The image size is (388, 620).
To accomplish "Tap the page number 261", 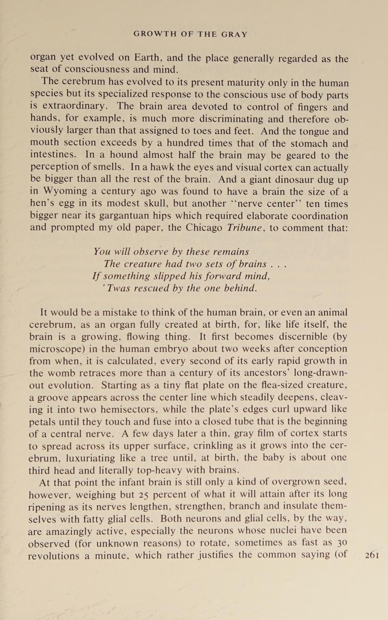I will pyautogui.click(x=372, y=555).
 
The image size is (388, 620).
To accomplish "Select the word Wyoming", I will pyautogui.click(x=65, y=191).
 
